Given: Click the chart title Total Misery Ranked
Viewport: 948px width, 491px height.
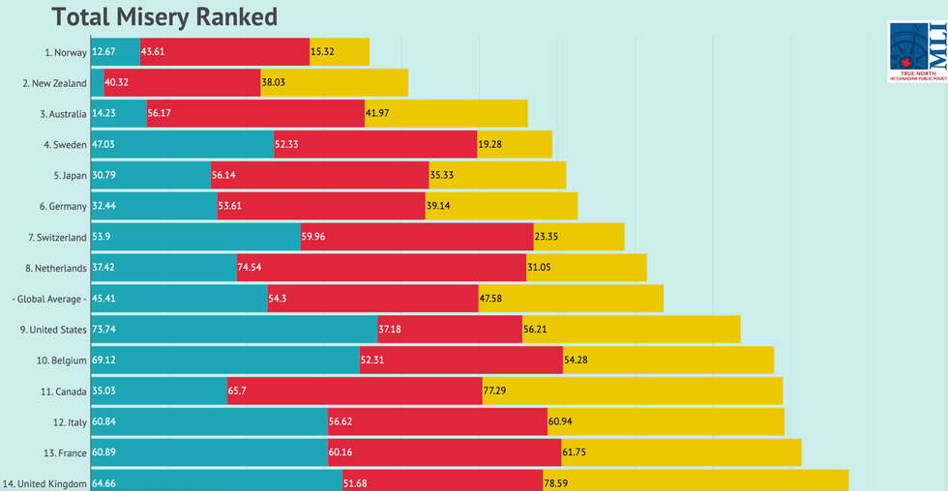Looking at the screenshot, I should pyautogui.click(x=163, y=16).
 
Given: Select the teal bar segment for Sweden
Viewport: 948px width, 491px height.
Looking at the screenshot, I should pyautogui.click(x=182, y=144).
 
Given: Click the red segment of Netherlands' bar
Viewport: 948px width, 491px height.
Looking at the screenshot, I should pyautogui.click(x=381, y=268).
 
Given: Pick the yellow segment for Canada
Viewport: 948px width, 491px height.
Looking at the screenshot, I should pyautogui.click(x=632, y=391).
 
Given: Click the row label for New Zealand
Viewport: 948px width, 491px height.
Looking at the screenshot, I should pyautogui.click(x=54, y=83).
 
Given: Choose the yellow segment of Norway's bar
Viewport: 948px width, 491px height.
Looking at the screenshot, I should pyautogui.click(x=340, y=51).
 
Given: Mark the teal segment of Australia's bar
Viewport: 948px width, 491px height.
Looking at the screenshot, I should pyautogui.click(x=118, y=113).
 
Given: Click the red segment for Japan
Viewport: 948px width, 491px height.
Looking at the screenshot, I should pyautogui.click(x=319, y=175).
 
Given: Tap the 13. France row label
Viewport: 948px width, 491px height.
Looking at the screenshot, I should pyautogui.click(x=63, y=453).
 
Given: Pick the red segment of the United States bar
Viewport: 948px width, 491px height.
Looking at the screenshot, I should pyautogui.click(x=450, y=330).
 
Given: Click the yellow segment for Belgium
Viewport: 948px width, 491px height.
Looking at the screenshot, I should pyautogui.click(x=668, y=361).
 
